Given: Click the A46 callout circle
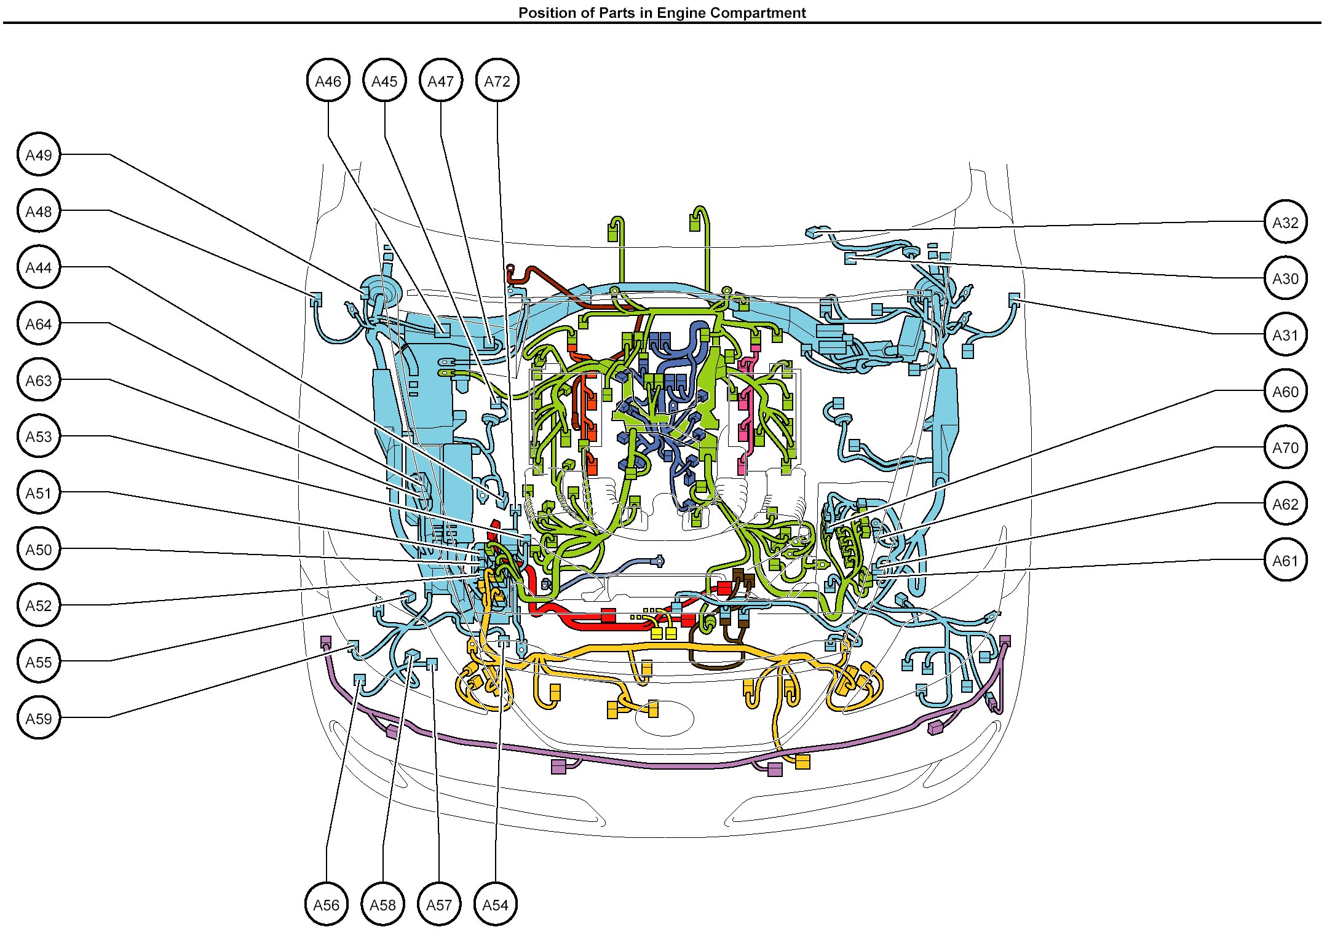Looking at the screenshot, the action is point(328,81).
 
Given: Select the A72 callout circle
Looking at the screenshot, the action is point(497,81).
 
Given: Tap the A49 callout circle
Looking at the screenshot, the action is point(39,154).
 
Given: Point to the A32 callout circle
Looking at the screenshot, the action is point(1285,222).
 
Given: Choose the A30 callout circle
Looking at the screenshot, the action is point(1285,278).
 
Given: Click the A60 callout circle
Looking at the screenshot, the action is point(1285,391).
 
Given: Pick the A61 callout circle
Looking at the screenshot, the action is point(1285,560).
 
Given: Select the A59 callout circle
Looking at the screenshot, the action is point(39,718).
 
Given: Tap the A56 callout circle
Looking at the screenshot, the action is point(327,904).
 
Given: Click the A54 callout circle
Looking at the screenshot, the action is point(496,904).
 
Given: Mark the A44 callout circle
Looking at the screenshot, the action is point(39,267).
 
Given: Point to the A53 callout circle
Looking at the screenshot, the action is point(39,436).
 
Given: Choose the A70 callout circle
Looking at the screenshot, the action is point(1285,448).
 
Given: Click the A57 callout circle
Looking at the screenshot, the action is point(439,904).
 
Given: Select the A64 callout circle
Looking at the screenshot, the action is point(39,323).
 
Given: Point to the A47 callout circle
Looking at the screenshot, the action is point(441,81).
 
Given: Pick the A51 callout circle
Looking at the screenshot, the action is point(39,492).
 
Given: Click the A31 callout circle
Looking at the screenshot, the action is point(1285,335).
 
